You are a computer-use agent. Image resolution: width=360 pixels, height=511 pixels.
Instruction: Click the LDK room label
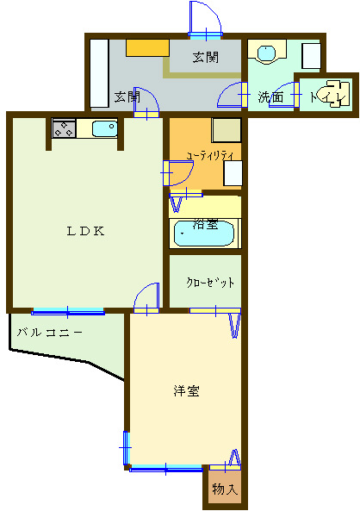click(x=87, y=231)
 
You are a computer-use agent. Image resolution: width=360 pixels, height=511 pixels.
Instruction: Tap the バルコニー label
click(x=50, y=332)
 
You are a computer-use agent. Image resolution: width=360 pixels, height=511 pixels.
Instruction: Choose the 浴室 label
click(x=206, y=225)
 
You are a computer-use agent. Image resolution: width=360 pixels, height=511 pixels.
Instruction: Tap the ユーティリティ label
click(x=210, y=155)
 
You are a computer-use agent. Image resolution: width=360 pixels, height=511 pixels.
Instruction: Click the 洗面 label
click(x=270, y=97)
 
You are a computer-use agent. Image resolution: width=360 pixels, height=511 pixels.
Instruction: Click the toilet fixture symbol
click(x=333, y=93)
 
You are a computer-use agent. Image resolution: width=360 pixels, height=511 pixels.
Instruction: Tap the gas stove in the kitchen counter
click(x=64, y=129)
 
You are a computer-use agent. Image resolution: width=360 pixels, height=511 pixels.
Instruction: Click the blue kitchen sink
click(x=104, y=129)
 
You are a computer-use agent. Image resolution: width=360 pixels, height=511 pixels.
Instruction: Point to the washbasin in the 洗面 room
click(x=267, y=54)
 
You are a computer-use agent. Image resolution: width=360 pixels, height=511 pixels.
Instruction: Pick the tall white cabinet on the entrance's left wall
click(x=98, y=73)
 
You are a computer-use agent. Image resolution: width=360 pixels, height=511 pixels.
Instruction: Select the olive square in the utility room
click(x=227, y=131)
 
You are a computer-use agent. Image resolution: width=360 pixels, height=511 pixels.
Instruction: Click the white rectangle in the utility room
click(x=232, y=173)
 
